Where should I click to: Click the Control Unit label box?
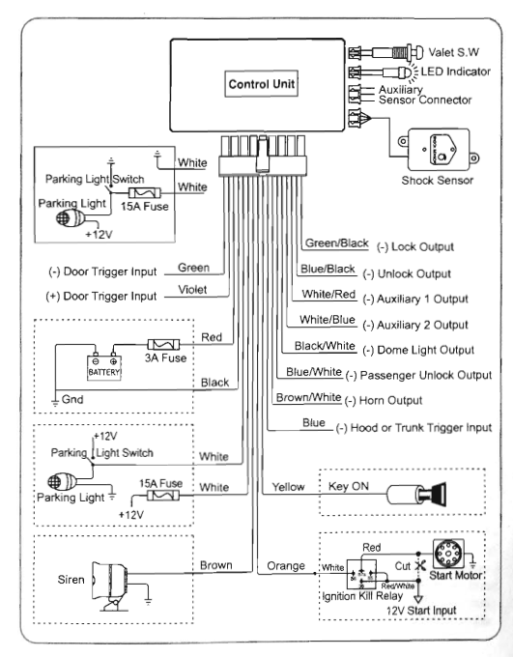pos(261,84)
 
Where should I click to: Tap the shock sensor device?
pos(439,150)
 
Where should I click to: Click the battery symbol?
pos(104,367)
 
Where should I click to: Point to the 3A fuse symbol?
pos(163,344)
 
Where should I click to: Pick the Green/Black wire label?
pos(336,243)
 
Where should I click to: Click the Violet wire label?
pos(192,290)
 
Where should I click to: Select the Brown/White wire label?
pos(308,397)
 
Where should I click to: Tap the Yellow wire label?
pos(288,487)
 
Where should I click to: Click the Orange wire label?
pos(286,566)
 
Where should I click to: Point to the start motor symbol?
pos(448,554)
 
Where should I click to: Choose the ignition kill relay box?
pos(361,574)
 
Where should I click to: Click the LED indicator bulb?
pos(405,72)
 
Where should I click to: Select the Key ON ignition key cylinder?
pos(416,494)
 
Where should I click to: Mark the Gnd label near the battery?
pos(72,399)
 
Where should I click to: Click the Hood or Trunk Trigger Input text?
pos(421,428)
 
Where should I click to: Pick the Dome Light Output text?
pos(425,350)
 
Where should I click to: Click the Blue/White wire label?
pos(313,372)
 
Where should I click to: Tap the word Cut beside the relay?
pos(402,566)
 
